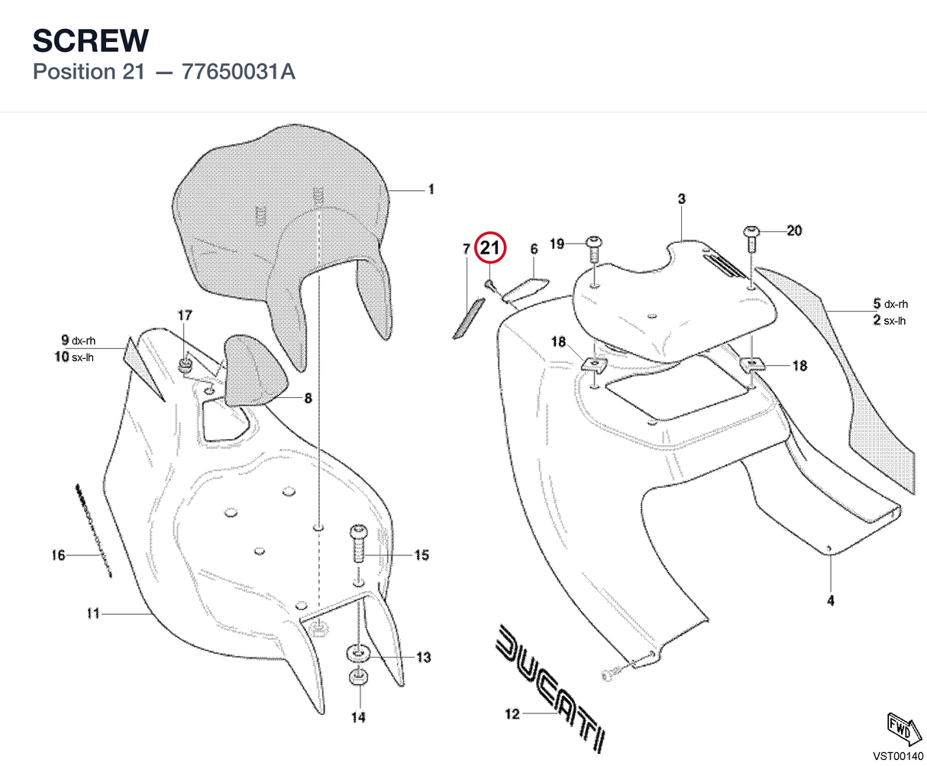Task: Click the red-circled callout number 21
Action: click(x=490, y=247)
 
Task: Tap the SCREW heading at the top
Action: click(x=91, y=40)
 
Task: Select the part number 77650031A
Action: click(x=238, y=72)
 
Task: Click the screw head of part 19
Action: click(x=594, y=242)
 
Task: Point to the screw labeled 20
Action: click(x=751, y=239)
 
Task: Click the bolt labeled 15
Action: click(x=359, y=544)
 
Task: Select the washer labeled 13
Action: click(x=359, y=654)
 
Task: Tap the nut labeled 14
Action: click(x=359, y=677)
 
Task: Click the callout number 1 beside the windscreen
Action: click(x=431, y=189)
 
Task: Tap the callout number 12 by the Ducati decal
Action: click(x=512, y=714)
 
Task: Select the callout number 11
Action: click(x=93, y=614)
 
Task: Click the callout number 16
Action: click(x=58, y=555)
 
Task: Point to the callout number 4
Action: click(x=830, y=601)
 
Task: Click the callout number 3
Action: click(x=681, y=199)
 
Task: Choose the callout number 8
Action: click(x=308, y=399)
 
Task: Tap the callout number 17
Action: click(x=185, y=315)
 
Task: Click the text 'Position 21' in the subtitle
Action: click(x=89, y=72)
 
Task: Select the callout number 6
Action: click(x=534, y=249)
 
